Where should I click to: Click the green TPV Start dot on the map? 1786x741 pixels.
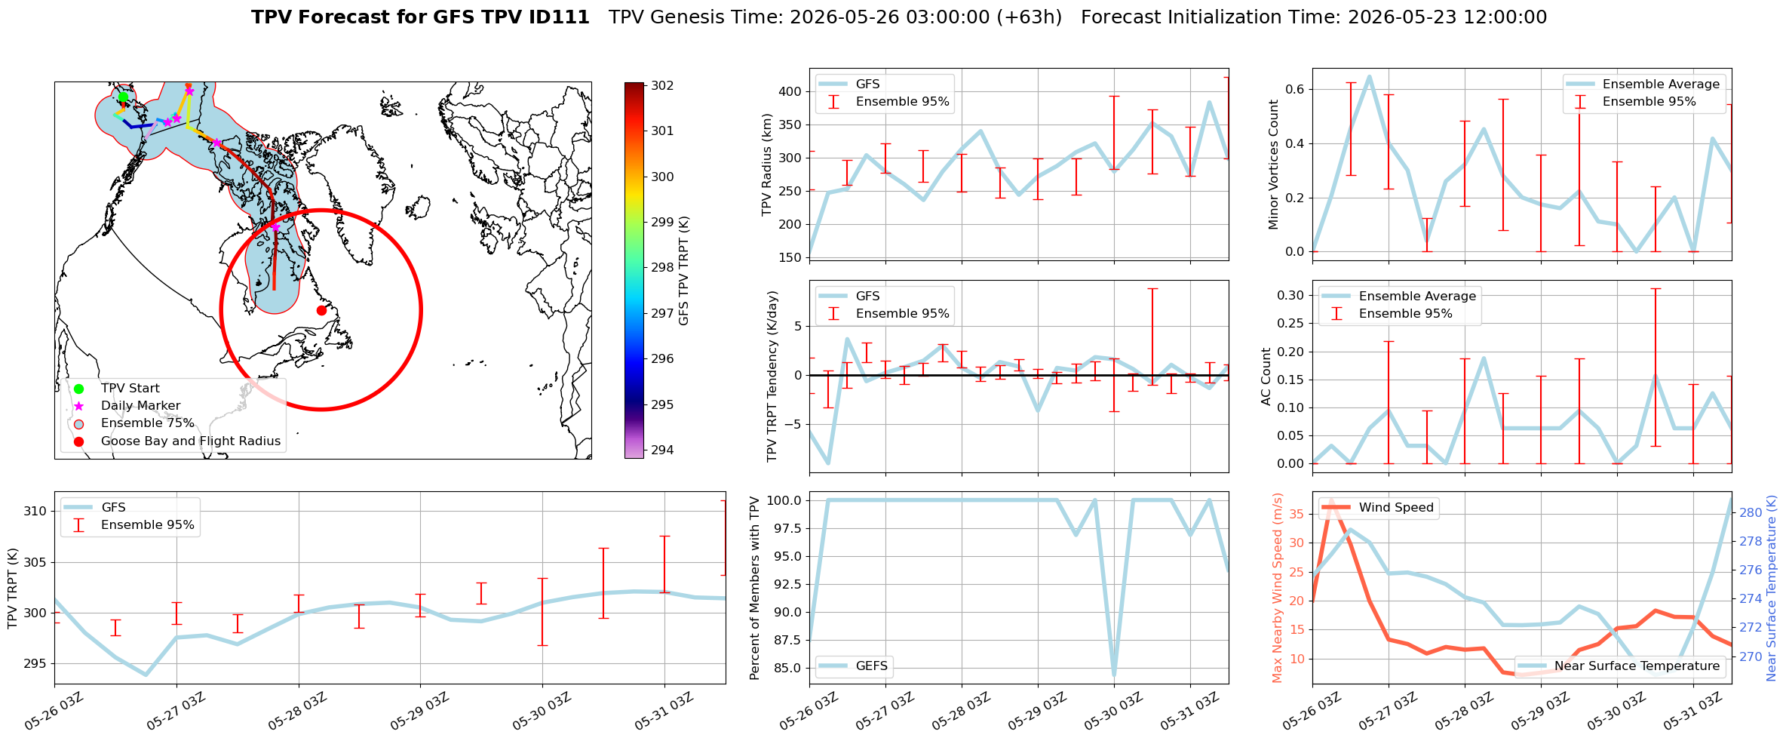pyautogui.click(x=123, y=97)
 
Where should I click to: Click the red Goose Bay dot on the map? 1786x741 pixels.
pyautogui.click(x=321, y=310)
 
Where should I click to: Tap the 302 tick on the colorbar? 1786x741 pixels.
pyautogui.click(x=662, y=85)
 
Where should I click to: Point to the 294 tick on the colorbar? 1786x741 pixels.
pyautogui.click(x=662, y=450)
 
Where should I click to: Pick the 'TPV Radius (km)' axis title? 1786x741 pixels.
pyautogui.click(x=767, y=164)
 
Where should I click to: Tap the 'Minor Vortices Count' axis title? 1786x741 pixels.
pyautogui.click(x=1274, y=164)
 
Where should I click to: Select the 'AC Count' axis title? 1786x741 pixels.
pyautogui.click(x=1266, y=377)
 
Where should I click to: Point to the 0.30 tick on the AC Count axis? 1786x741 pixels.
pyautogui.click(x=1291, y=295)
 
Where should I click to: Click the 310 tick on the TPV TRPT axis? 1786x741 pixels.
pyautogui.click(x=35, y=511)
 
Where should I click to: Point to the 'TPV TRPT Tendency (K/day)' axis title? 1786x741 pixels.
pyautogui.click(x=772, y=377)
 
